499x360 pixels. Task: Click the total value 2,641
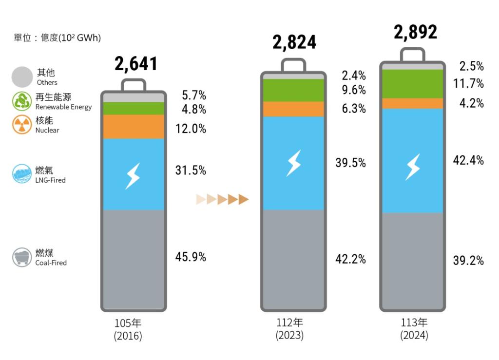click(x=136, y=64)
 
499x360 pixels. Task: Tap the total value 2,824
click(x=294, y=42)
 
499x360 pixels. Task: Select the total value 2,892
click(x=415, y=32)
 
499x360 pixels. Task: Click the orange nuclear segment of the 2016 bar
click(x=134, y=127)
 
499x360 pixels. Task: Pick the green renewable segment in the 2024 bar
click(x=412, y=84)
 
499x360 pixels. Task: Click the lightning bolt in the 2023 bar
click(x=293, y=163)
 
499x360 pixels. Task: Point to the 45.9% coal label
click(x=191, y=257)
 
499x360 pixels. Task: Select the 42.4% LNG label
click(x=468, y=160)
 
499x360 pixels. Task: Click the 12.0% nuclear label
click(x=191, y=129)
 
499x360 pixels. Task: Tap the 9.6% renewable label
click(x=354, y=90)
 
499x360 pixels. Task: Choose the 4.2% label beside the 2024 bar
click(x=471, y=103)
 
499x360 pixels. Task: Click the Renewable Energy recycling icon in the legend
click(x=22, y=101)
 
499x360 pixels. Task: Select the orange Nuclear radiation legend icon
click(x=22, y=125)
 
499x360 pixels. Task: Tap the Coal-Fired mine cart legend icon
click(x=22, y=257)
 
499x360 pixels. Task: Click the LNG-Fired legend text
click(x=50, y=180)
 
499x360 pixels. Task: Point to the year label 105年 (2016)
click(x=128, y=329)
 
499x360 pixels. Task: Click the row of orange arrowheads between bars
click(x=223, y=199)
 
